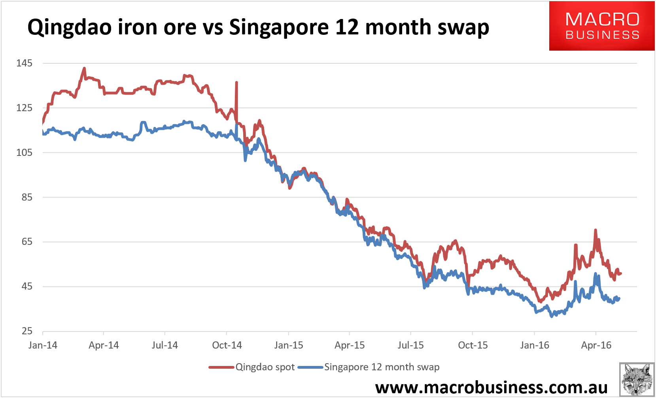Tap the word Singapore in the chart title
pos(278,28)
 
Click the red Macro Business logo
pos(601,26)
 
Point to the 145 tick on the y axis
pos(24,63)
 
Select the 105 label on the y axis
pos(24,153)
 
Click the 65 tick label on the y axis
pos(26,242)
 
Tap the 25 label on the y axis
pos(26,331)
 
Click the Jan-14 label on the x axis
pos(43,345)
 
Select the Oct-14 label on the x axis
pos(227,345)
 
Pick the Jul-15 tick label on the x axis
pos(410,345)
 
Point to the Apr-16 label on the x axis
pos(596,345)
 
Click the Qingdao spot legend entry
pos(252,367)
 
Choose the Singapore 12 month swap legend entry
pos(369,367)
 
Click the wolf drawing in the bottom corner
pos(636,379)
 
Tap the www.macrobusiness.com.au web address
pos(491,387)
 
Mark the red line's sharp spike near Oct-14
pos(236,83)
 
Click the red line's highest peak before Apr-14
pos(84,68)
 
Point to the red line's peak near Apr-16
pos(595,230)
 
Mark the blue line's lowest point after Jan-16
pos(552,317)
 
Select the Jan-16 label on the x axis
pos(535,345)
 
